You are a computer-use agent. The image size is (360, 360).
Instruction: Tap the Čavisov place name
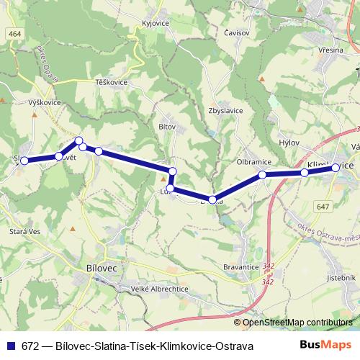[237, 32]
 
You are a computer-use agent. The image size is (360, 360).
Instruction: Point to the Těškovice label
[111, 83]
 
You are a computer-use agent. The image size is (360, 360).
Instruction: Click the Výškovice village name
[44, 103]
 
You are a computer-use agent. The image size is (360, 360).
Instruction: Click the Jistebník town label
[341, 276]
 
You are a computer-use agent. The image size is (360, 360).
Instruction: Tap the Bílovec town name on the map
[100, 266]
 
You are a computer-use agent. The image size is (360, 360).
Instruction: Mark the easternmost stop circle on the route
[336, 167]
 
